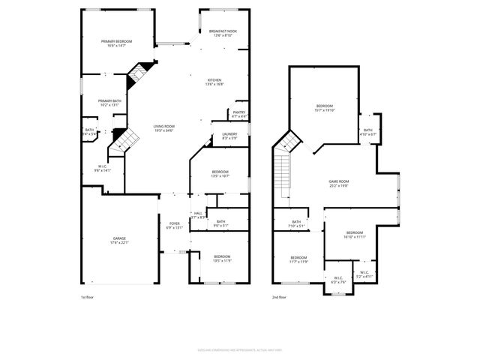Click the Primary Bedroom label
pyautogui.click(x=117, y=43)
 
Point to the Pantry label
pyautogui.click(x=239, y=114)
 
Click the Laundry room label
pyautogui.click(x=229, y=136)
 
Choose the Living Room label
pyautogui.click(x=164, y=128)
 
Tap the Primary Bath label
pyautogui.click(x=110, y=103)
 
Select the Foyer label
pyautogui.click(x=174, y=225)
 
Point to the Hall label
pyautogui.click(x=198, y=215)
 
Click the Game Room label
pyautogui.click(x=339, y=183)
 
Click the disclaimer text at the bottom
pyautogui.click(x=239, y=349)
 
